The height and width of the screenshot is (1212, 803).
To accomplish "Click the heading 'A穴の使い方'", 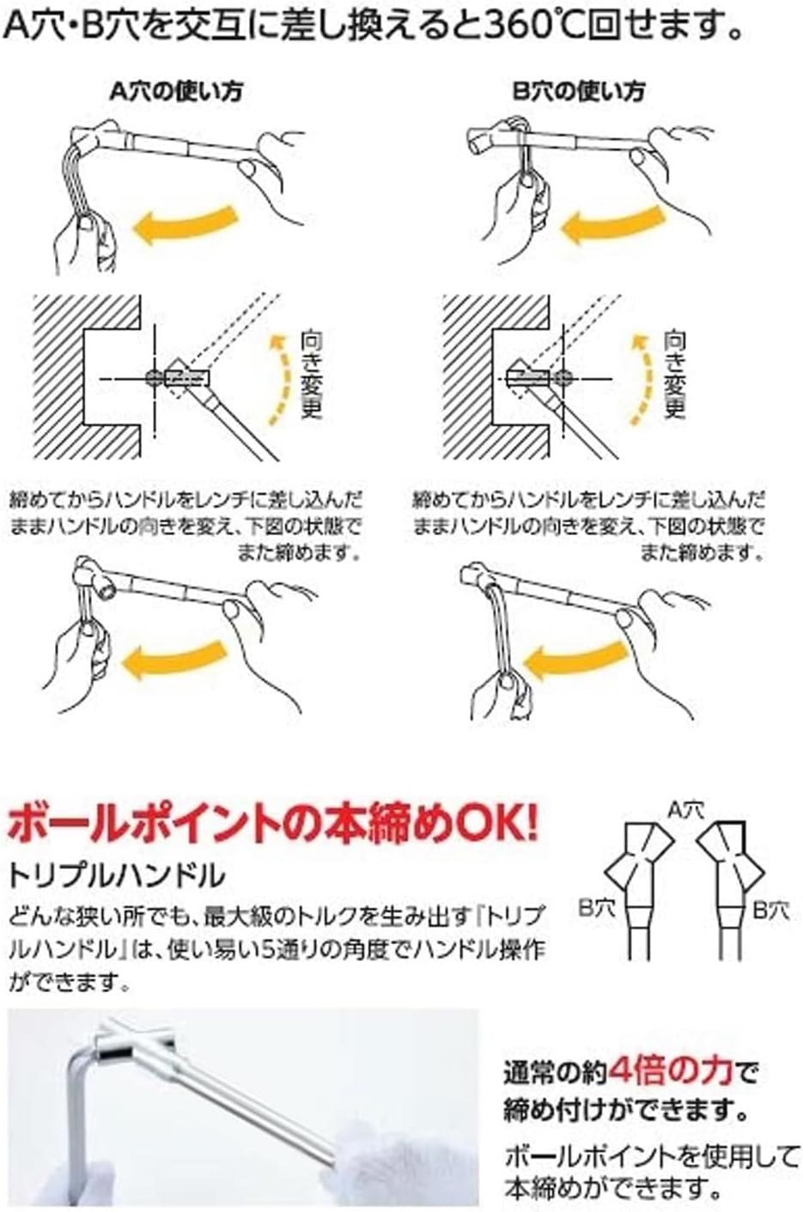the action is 176,92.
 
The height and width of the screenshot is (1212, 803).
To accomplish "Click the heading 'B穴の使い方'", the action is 579,92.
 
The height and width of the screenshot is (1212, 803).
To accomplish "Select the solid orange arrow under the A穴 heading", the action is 185,222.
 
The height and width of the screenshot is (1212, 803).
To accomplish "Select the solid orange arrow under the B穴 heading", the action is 612,222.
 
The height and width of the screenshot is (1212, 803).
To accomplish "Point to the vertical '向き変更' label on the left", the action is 311,375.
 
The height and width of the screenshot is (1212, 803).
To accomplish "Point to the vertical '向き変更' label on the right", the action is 674,375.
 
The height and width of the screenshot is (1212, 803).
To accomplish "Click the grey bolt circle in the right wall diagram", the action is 563,378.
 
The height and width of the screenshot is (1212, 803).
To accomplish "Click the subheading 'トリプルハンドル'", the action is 117,875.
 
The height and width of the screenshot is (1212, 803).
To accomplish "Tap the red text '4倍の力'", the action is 671,1071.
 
